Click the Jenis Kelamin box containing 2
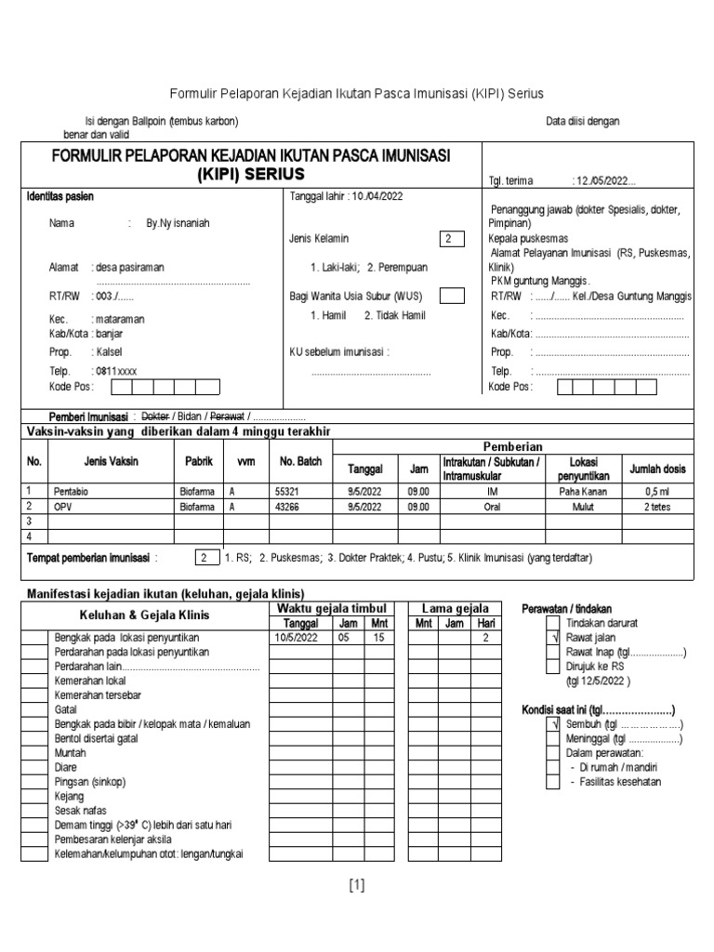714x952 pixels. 451,239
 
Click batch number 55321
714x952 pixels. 288,490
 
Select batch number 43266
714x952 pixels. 288,507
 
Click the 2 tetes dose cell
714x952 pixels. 657,507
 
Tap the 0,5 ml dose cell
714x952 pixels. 657,490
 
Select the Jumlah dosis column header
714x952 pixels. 657,469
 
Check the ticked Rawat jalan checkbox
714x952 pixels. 553,638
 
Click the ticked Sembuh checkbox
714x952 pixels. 553,724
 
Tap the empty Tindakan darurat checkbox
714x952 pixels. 553,623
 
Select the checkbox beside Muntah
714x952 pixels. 33,753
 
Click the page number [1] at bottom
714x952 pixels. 357,886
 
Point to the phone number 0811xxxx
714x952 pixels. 116,370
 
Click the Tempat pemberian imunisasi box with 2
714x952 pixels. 203,558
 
